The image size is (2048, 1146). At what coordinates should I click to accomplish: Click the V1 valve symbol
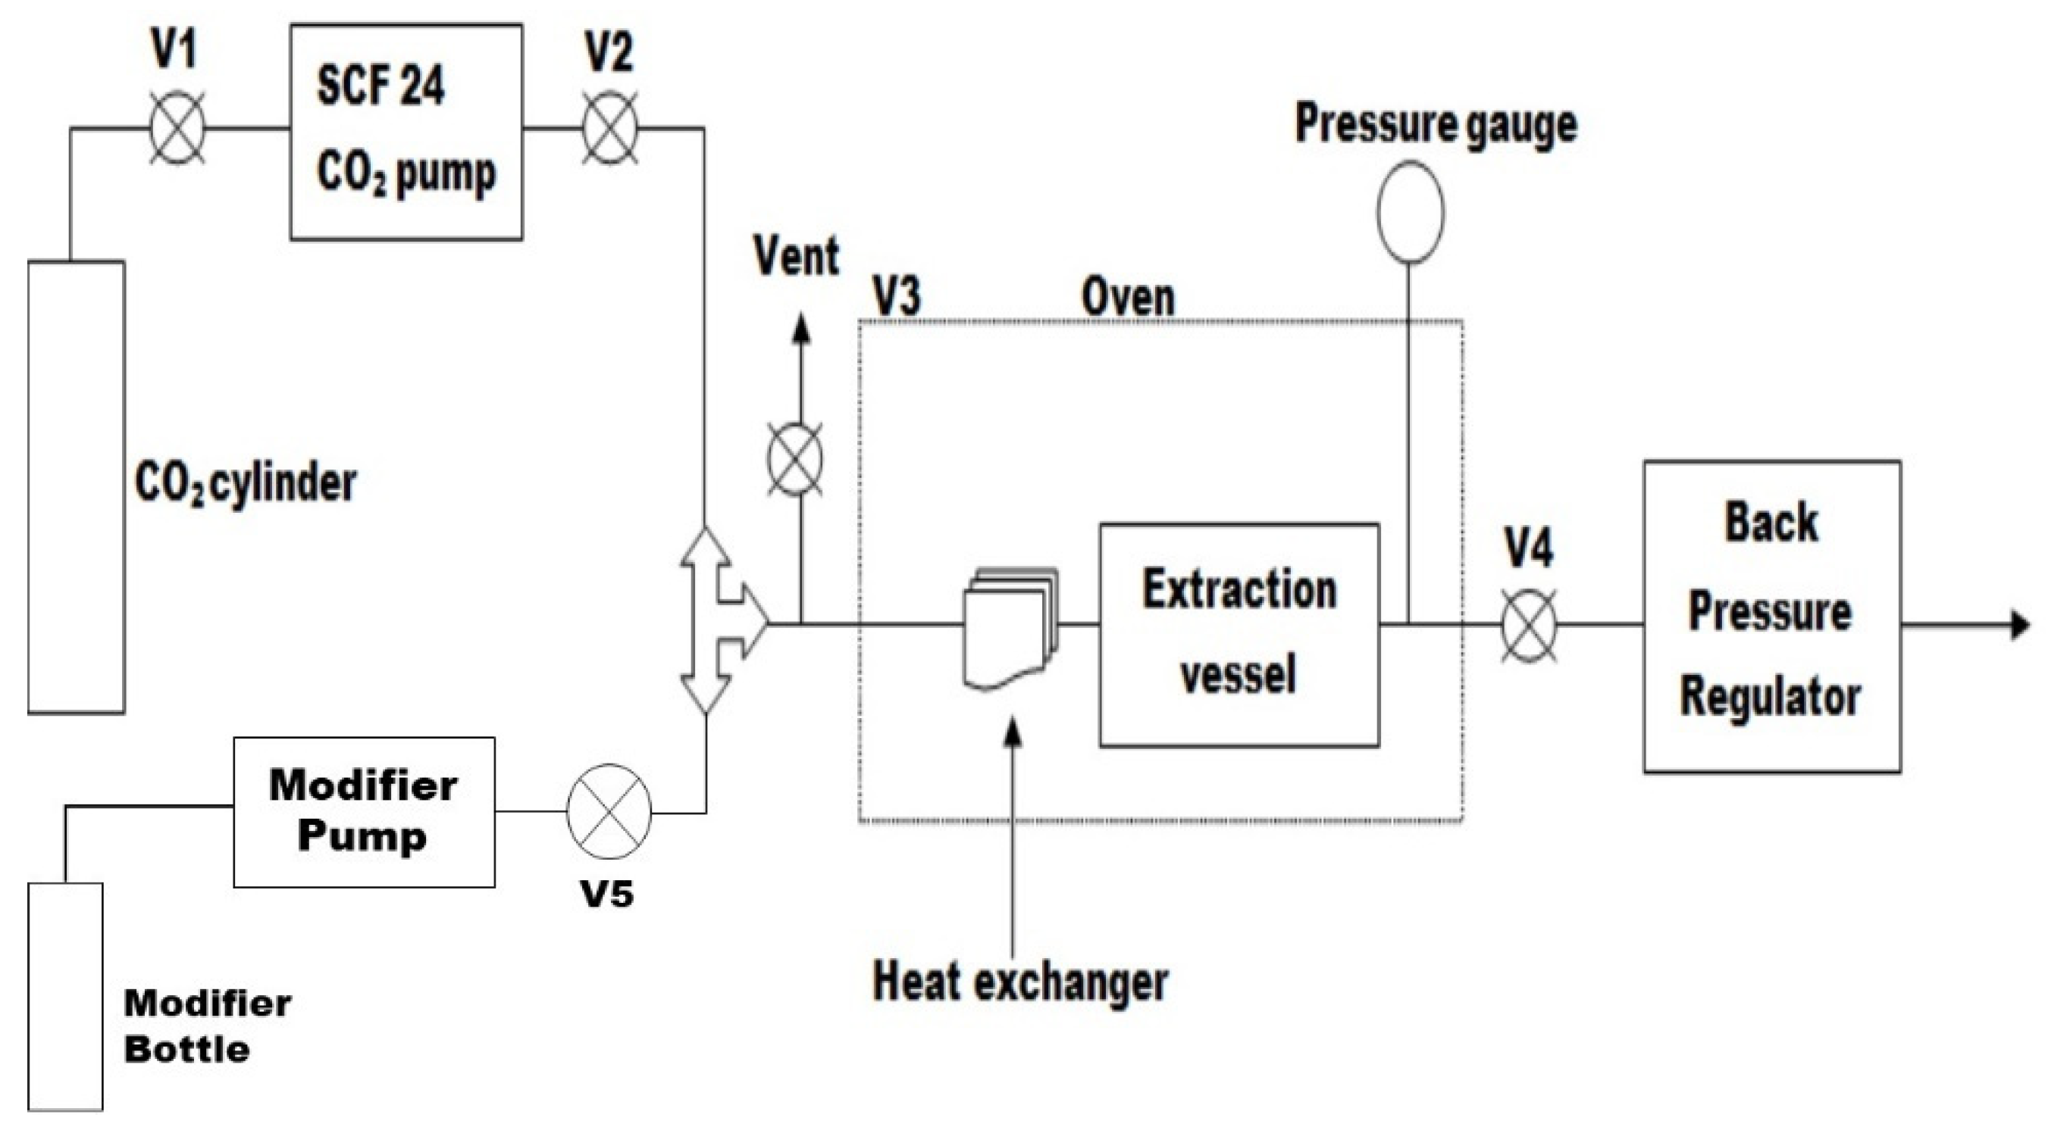(x=177, y=128)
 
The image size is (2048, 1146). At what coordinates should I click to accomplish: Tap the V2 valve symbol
(x=610, y=128)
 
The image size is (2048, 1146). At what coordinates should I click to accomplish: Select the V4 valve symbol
(x=1529, y=626)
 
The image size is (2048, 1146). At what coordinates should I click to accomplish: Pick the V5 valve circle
(x=608, y=811)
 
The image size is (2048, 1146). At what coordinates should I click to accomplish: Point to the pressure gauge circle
(x=1411, y=212)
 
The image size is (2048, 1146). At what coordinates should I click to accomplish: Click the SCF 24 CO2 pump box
(x=406, y=131)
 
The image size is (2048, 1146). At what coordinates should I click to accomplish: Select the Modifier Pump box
(x=364, y=811)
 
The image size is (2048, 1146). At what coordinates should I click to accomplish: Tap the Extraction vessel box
(x=1239, y=634)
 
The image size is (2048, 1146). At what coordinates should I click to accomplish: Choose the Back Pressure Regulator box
(x=1772, y=616)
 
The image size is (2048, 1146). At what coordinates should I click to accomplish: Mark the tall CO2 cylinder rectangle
(x=77, y=486)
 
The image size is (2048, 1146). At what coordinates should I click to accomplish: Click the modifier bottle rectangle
(x=65, y=995)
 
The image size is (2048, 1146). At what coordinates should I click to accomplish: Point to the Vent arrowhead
(x=801, y=328)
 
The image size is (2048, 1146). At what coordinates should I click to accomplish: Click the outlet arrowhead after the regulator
(x=2021, y=626)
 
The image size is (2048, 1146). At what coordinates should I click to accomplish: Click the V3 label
(x=897, y=297)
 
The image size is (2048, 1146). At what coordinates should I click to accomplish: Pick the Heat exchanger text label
(x=1020, y=982)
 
